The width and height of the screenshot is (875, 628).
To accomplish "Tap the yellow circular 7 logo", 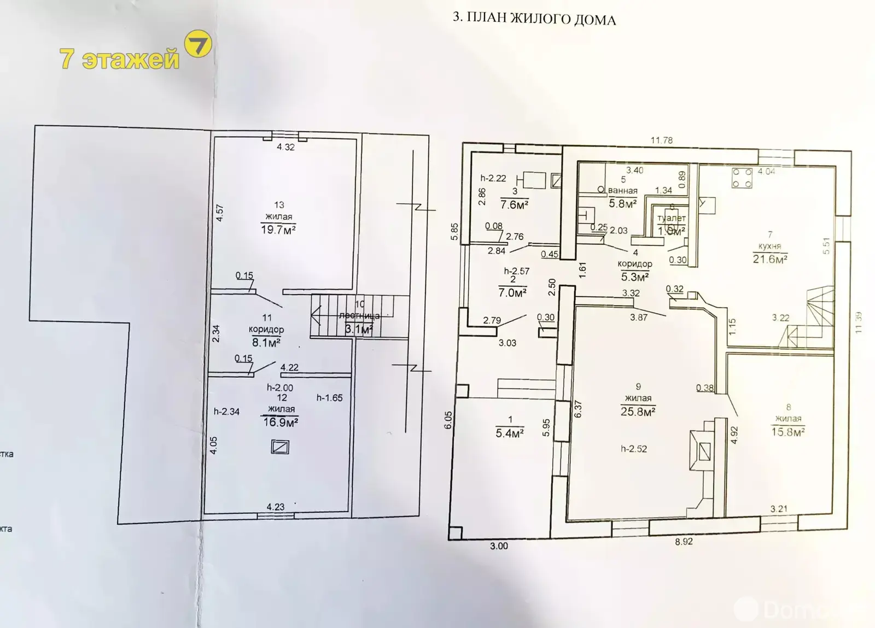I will [x=197, y=45].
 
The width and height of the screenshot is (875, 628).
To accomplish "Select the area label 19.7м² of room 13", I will [x=278, y=230].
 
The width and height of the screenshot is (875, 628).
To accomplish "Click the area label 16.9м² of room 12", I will [x=281, y=421].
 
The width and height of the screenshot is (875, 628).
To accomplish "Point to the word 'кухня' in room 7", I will [x=769, y=246].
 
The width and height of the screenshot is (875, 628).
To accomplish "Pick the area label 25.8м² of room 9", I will [x=638, y=412].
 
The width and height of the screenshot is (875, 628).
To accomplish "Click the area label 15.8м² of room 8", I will [x=788, y=432].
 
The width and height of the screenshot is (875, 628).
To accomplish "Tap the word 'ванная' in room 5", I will [x=623, y=191].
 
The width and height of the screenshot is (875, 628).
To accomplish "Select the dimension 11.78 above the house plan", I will [x=661, y=140].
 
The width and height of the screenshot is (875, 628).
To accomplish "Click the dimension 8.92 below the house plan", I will [x=684, y=542].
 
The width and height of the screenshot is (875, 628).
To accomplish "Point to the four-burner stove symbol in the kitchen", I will [x=743, y=178].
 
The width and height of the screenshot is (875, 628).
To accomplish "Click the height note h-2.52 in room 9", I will [x=634, y=449].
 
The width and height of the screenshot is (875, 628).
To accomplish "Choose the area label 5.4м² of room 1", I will [x=510, y=433].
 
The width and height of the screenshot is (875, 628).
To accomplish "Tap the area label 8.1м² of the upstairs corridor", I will [x=266, y=343].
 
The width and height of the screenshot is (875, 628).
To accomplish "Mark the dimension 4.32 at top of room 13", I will [x=285, y=147].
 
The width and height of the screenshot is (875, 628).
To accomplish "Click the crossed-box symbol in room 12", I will [x=280, y=447].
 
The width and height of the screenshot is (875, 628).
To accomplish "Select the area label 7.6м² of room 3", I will [x=514, y=205].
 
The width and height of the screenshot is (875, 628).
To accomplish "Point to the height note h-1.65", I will [x=329, y=398].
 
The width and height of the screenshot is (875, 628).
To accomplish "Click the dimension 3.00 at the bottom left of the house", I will [x=499, y=545].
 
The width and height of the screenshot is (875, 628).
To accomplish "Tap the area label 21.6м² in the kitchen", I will [x=769, y=259].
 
